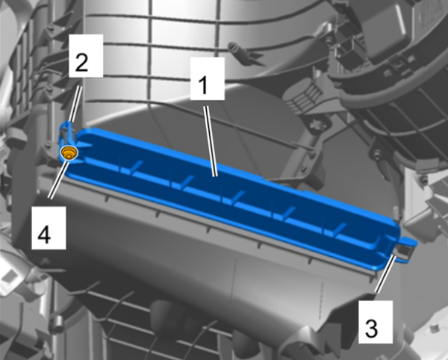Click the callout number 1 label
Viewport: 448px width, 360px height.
[x=208, y=78]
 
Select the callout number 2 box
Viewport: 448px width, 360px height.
[x=86, y=56]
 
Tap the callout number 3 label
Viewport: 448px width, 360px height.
[x=376, y=322]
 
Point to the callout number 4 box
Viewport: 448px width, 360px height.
[x=49, y=228]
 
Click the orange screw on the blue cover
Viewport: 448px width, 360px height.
[x=69, y=152]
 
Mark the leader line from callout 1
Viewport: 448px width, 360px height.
[x=211, y=141]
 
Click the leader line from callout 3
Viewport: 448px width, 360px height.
[x=385, y=274]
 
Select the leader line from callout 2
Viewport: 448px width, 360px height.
[x=75, y=104]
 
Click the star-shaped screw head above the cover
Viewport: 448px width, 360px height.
[x=317, y=125]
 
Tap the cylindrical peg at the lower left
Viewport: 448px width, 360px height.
[x=57, y=324]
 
